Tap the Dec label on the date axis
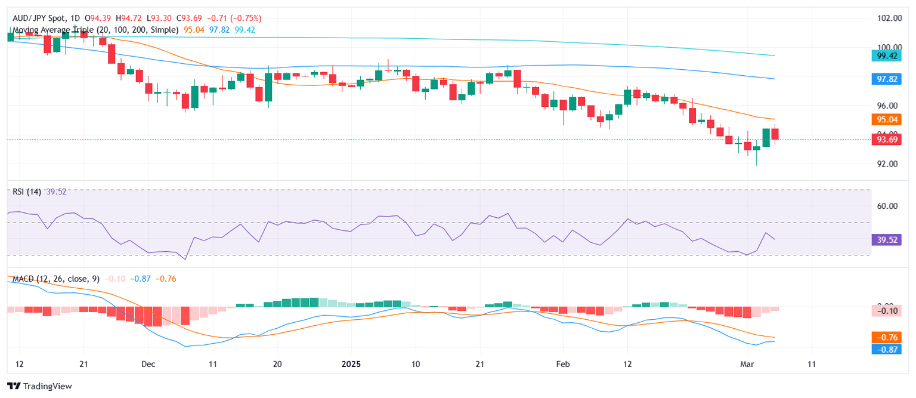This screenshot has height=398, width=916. click(148, 364)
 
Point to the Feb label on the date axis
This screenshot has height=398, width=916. click(562, 364)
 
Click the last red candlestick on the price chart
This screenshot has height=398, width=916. click(775, 134)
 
